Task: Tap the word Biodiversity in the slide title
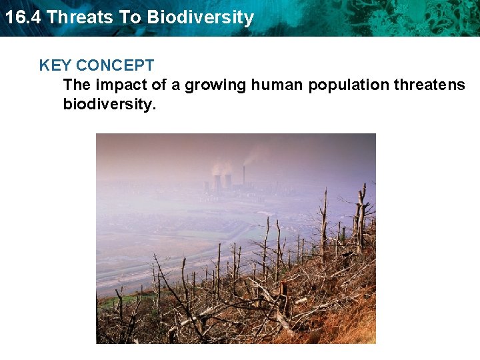(201, 17)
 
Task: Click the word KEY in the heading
(55, 65)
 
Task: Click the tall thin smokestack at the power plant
(243, 175)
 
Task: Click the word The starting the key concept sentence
(77, 85)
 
